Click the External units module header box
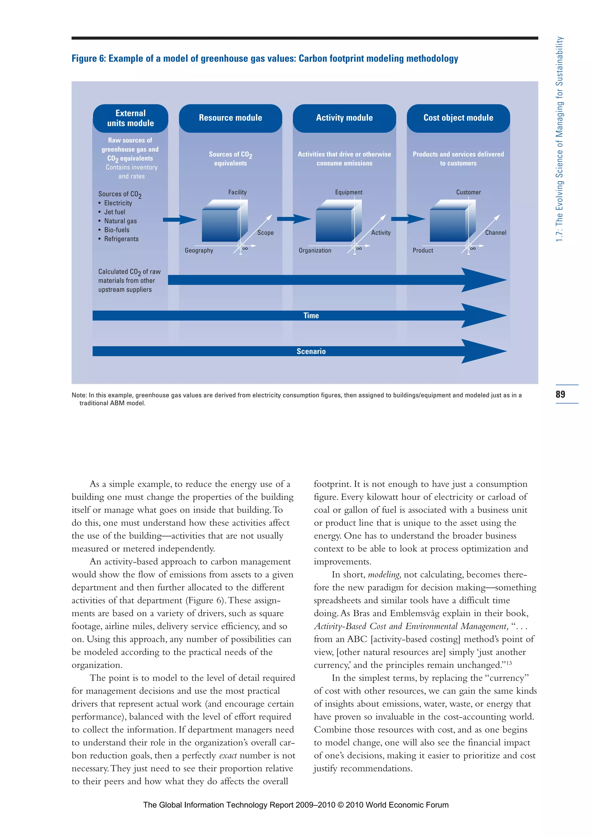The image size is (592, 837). (130, 118)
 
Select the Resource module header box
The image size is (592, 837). (230, 118)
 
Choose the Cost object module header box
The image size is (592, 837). (458, 118)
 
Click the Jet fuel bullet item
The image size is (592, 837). (114, 212)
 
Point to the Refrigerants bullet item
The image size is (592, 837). (121, 239)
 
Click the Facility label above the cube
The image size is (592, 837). (237, 192)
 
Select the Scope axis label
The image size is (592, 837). (265, 233)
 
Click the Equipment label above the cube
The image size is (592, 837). (349, 192)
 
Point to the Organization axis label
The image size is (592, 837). (315, 251)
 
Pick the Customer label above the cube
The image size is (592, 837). (468, 192)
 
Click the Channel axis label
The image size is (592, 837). (495, 233)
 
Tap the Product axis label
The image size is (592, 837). (423, 251)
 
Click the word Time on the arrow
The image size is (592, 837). (311, 316)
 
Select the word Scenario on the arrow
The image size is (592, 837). (311, 351)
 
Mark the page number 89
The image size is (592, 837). (560, 394)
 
